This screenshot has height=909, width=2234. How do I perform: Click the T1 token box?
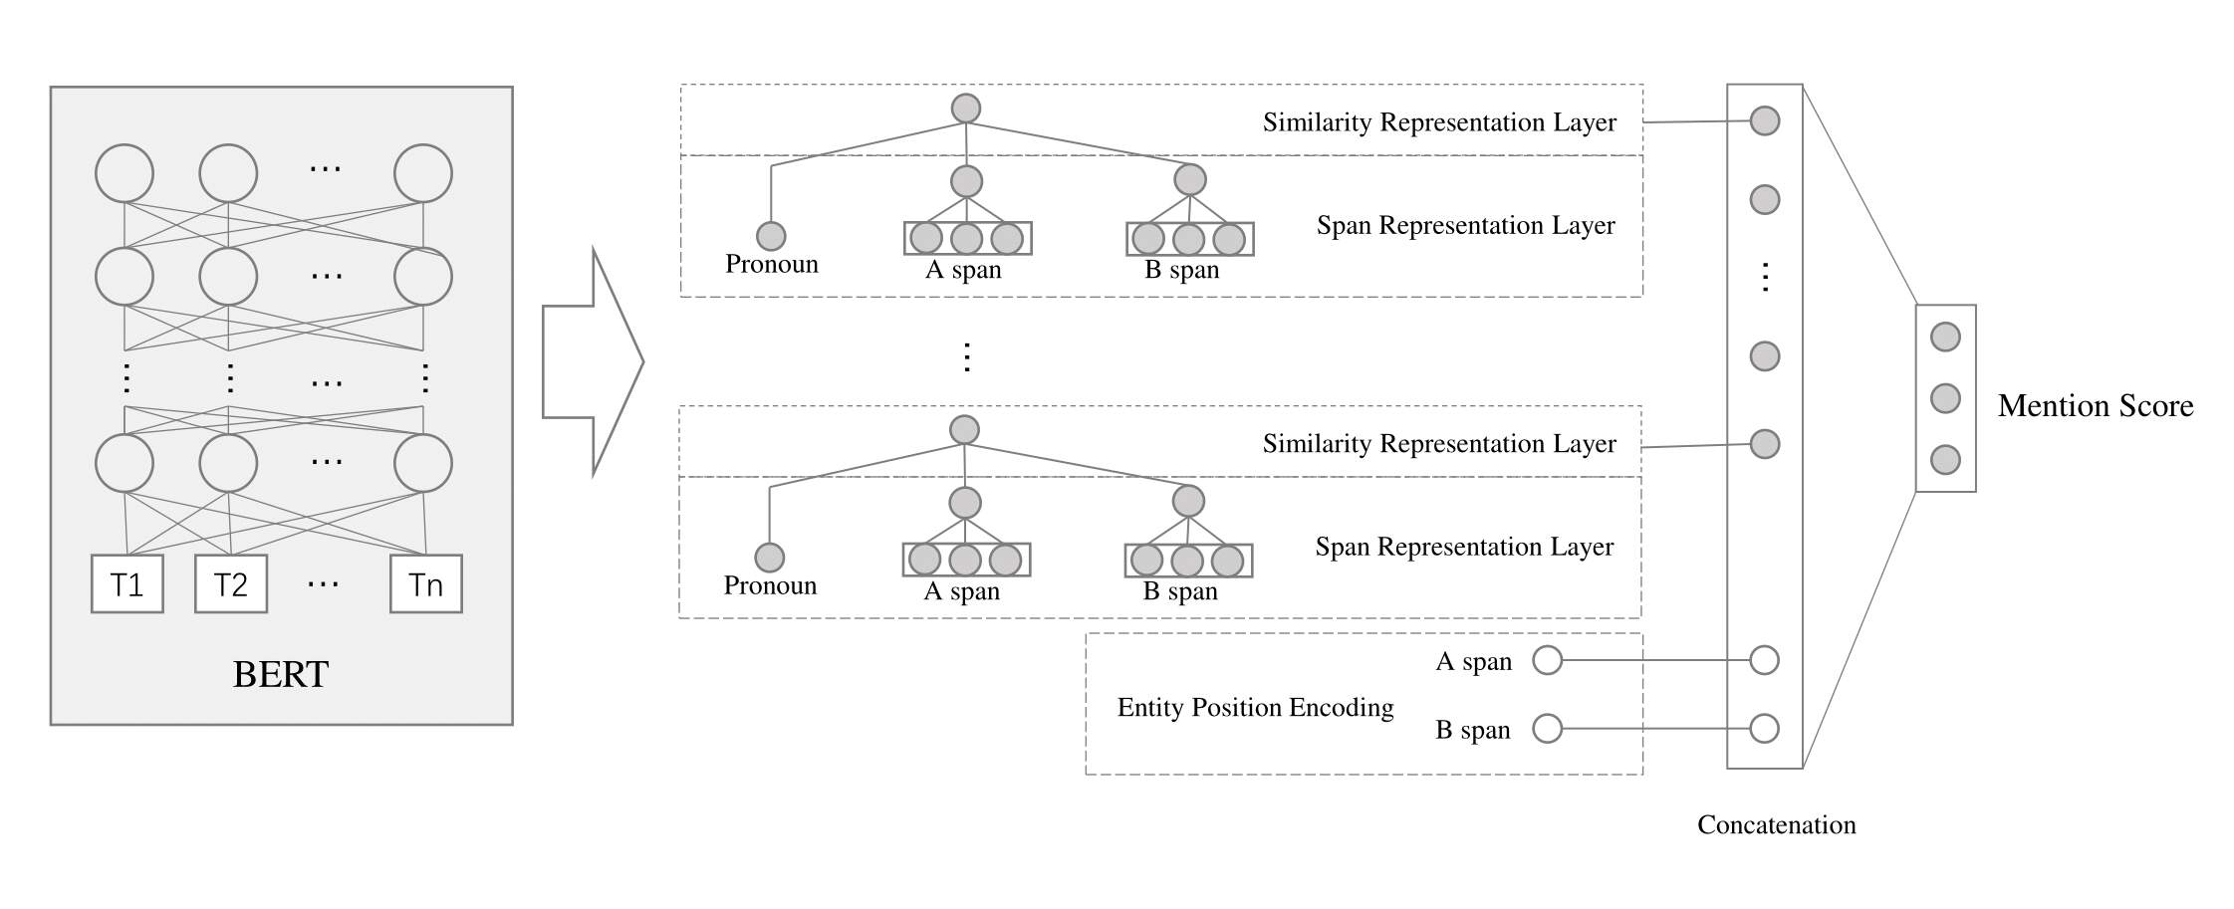[126, 583]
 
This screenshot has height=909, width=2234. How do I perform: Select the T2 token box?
[230, 583]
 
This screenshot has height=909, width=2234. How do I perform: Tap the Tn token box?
[425, 583]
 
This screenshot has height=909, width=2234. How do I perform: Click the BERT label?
[280, 675]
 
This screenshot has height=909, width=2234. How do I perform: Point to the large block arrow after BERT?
[593, 362]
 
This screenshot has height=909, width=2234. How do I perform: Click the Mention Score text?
[2096, 405]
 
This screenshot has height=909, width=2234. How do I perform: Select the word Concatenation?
[1776, 824]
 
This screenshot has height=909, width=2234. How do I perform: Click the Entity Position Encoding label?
[1255, 707]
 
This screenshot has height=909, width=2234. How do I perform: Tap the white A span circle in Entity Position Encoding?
[1547, 660]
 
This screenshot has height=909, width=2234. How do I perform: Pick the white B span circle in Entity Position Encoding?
[1547, 729]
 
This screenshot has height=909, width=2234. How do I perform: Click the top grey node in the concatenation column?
[1764, 120]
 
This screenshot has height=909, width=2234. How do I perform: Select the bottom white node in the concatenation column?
[1764, 729]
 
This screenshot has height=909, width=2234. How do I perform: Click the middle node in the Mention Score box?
[1945, 398]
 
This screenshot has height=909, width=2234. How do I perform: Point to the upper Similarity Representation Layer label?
[1439, 122]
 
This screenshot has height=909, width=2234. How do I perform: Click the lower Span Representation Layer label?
[1464, 547]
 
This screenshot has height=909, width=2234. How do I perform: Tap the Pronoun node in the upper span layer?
[771, 236]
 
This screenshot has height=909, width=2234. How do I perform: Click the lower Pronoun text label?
[770, 585]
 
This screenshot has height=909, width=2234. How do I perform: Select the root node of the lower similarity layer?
[964, 430]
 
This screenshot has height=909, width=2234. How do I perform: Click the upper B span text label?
[1182, 270]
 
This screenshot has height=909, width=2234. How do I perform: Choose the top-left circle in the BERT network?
[124, 173]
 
